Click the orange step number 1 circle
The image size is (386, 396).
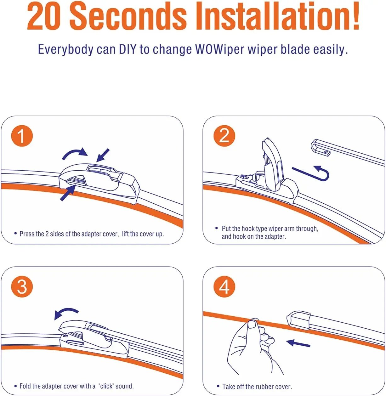pos(22,136)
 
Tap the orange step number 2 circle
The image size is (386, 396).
pos(224,136)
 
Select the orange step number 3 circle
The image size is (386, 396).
pos(22,286)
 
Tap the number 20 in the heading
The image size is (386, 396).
pos(43,17)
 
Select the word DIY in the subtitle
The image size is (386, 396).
pos(128,49)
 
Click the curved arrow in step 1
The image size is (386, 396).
pos(74,153)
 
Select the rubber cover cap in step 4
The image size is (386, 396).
pos(298,320)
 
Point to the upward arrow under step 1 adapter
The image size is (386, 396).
pos(68,193)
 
